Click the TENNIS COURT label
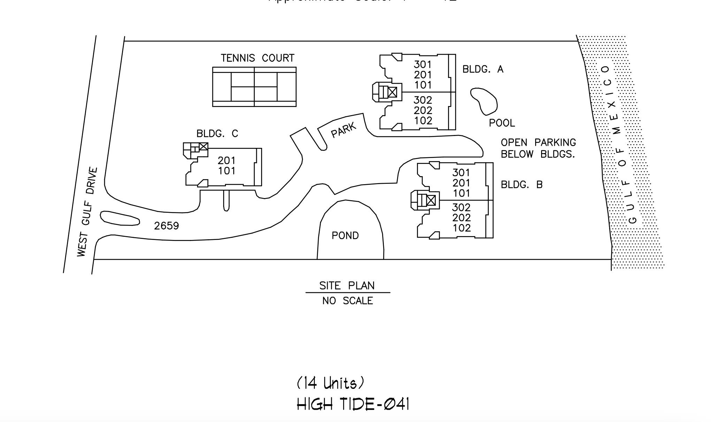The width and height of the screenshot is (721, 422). tap(257, 58)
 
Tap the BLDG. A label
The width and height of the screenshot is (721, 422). tap(483, 69)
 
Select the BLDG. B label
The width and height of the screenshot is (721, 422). tap(522, 184)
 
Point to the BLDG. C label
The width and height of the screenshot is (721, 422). tap(217, 134)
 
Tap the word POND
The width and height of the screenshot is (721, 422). tap(345, 236)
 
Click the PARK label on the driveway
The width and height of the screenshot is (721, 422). tap(344, 130)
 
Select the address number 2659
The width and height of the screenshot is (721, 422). tap(166, 226)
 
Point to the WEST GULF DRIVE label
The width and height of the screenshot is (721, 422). tap(87, 212)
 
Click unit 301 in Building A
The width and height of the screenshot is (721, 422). tap(423, 65)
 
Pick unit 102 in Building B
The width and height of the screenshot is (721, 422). tap(461, 228)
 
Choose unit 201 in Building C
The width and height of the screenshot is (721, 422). tap(227, 160)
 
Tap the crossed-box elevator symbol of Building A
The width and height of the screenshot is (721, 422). tap(392, 92)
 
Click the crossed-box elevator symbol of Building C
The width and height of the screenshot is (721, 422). tap(204, 146)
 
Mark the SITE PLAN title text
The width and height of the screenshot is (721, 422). tap(347, 286)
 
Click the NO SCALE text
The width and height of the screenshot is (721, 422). tap(348, 301)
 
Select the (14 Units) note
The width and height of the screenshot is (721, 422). tap(331, 383)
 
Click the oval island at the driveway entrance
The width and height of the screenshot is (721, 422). tap(120, 218)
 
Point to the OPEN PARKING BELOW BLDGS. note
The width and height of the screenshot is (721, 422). tap(538, 148)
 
